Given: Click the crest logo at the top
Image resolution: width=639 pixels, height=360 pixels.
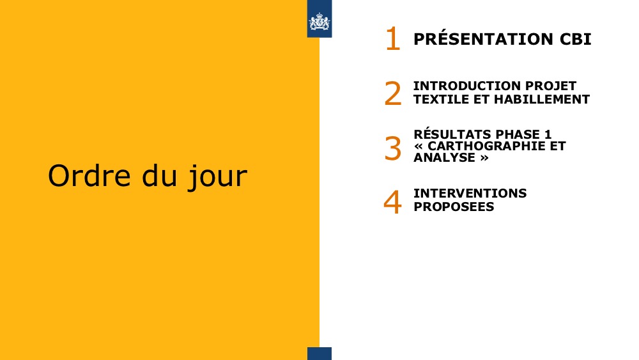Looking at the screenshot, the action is click(319, 21).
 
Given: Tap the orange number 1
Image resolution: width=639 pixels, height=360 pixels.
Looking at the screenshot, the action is click(393, 39).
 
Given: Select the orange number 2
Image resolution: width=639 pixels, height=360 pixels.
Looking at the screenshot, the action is click(393, 93).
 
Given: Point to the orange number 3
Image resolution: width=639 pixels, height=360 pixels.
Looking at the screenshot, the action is click(393, 148).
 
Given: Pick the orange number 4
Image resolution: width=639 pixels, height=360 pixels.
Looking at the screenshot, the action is click(392, 202).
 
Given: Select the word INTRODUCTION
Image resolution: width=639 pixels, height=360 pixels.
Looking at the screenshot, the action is click(466, 86).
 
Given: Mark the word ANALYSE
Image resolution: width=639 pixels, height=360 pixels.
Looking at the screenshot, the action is click(444, 157).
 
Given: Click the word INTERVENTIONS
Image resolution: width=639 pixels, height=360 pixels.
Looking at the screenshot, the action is click(470, 193).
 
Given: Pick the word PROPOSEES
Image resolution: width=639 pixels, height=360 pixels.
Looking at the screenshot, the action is click(454, 207).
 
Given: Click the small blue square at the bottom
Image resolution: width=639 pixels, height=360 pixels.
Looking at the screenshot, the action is click(319, 354).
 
